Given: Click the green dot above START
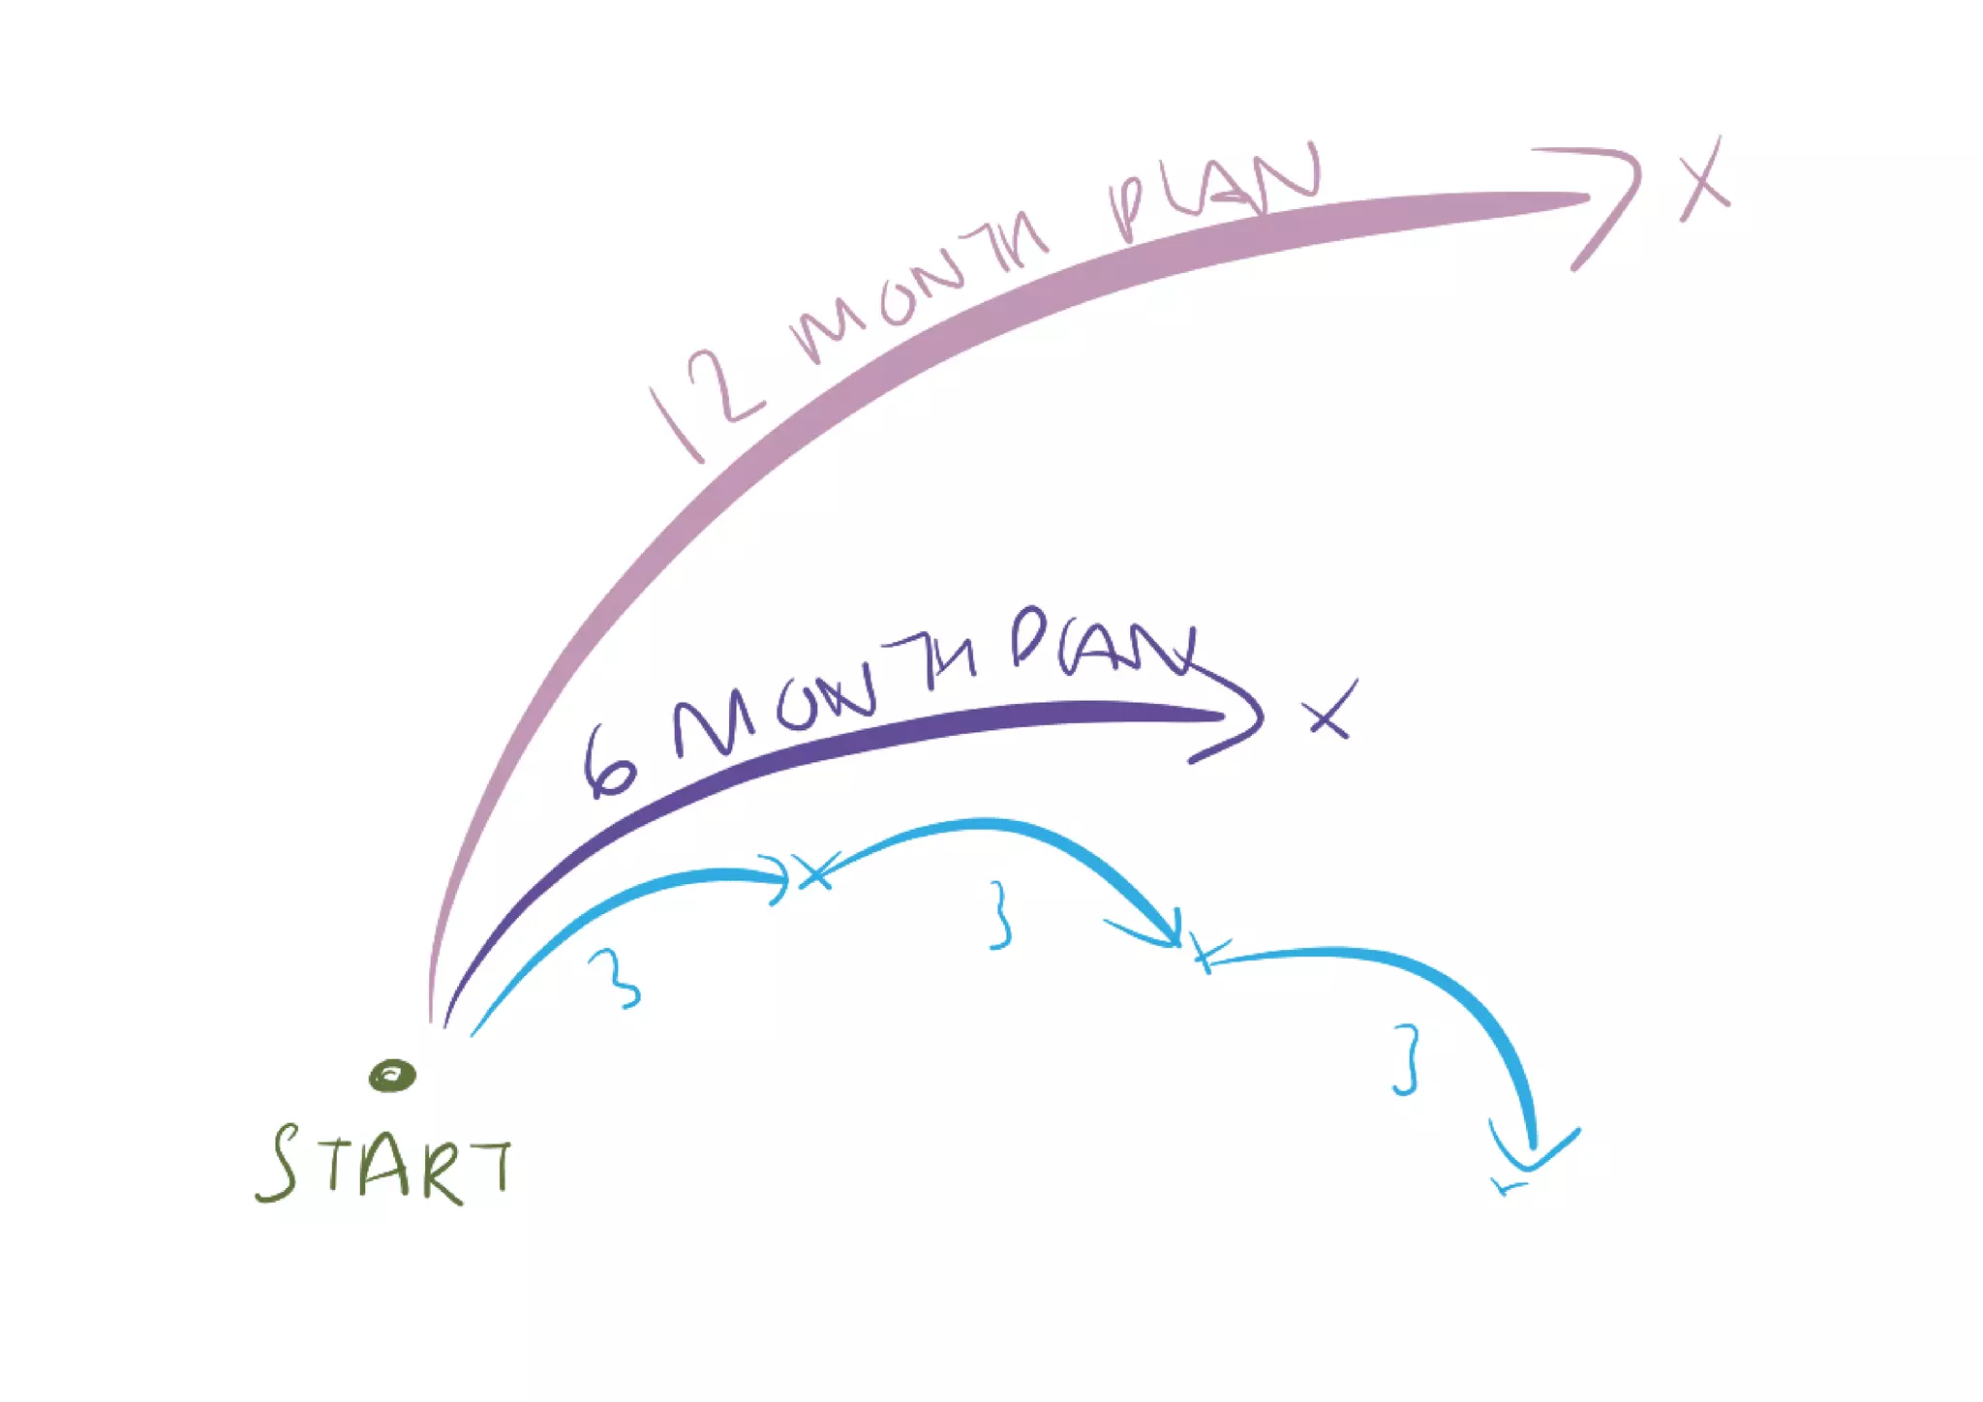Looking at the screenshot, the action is (x=392, y=1075).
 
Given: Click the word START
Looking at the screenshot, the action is (x=384, y=1166).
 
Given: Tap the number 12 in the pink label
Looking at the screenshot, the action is (x=707, y=402).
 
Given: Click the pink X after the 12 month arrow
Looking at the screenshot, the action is (x=1704, y=179).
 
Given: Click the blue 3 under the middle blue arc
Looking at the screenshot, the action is (x=1000, y=915).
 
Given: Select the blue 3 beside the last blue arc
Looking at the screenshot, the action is (x=1406, y=1060).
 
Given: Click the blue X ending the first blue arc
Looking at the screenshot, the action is (x=815, y=871).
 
